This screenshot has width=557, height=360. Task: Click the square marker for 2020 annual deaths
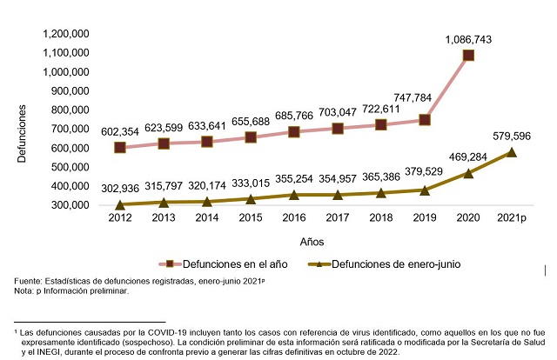coord(468,56)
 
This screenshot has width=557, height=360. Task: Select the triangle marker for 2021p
coord(512,152)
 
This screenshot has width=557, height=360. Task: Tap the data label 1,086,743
coord(468,39)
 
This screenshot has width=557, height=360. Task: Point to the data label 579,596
coord(512,137)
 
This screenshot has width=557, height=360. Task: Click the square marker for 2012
coord(120,147)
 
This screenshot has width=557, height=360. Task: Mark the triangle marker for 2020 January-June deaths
coord(468,173)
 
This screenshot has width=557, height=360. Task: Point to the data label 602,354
coord(120,130)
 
